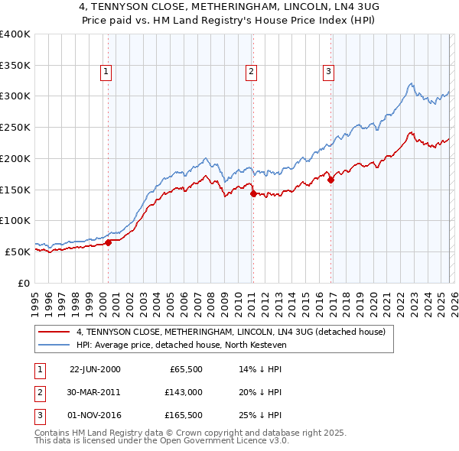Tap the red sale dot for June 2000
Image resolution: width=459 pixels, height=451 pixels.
coord(108,242)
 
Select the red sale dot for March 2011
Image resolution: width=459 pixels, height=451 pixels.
coord(253,194)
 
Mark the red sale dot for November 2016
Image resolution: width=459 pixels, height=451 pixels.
coord(331,180)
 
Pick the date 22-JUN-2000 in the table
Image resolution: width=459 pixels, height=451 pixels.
coord(95,368)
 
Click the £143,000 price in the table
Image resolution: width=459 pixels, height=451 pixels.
coord(186,391)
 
